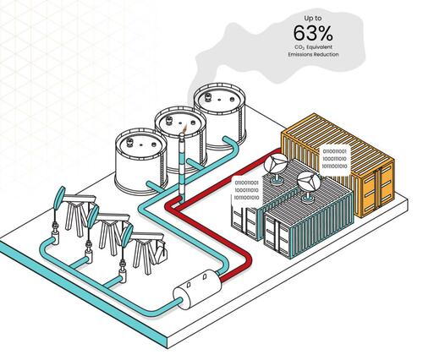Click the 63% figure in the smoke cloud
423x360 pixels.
coord(313,33)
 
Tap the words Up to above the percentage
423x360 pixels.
coord(312,19)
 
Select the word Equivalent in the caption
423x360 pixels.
coord(319,47)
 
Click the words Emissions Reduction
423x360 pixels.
coord(313,54)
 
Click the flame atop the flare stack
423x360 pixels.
coord(184,128)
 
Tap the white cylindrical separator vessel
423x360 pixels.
coord(197,289)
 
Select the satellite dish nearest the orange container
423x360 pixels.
coord(276,167)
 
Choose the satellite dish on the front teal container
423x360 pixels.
coord(309,185)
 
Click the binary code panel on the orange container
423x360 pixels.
coord(334,159)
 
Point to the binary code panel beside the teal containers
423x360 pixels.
coord(247,190)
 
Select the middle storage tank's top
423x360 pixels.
coord(180,121)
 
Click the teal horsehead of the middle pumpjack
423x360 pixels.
coord(93,216)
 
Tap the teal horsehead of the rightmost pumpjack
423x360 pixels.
coord(127,235)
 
